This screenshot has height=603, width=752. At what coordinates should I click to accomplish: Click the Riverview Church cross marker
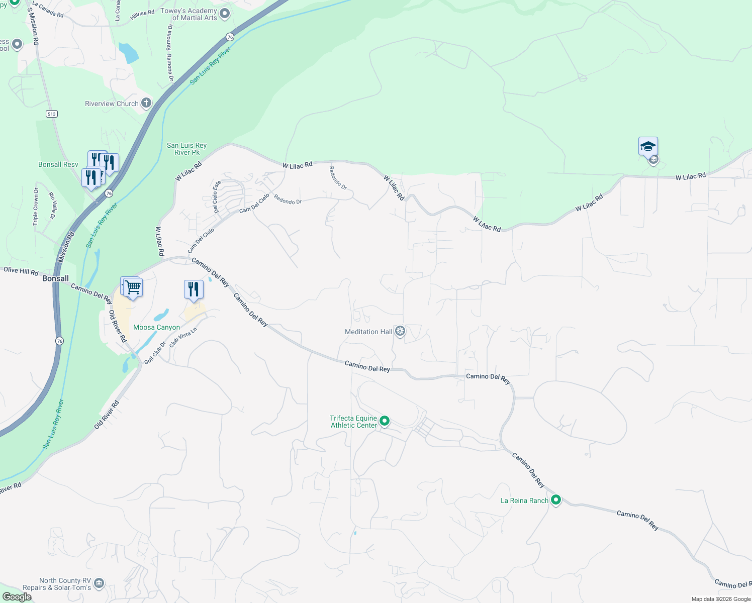pyautogui.click(x=146, y=104)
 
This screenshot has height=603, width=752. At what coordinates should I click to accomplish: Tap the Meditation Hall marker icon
pyautogui.click(x=400, y=331)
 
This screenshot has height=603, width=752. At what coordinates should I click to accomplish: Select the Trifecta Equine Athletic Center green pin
pyautogui.click(x=385, y=421)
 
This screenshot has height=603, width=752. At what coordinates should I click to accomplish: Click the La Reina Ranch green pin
pyautogui.click(x=556, y=500)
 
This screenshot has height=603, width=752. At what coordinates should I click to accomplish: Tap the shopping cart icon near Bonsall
pyautogui.click(x=133, y=288)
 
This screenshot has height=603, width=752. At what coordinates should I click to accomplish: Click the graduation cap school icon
pyautogui.click(x=648, y=147)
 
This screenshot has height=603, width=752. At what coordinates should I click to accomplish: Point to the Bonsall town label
pyautogui.click(x=55, y=278)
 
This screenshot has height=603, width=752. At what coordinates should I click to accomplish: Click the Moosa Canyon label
pyautogui.click(x=156, y=327)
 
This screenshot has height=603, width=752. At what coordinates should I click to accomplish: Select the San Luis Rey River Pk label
pyautogui.click(x=186, y=149)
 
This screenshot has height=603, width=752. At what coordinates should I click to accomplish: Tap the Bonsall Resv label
pyautogui.click(x=58, y=164)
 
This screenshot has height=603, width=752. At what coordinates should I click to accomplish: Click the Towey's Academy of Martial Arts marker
pyautogui.click(x=225, y=14)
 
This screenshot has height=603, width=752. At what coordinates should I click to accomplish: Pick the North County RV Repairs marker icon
pyautogui.click(x=99, y=583)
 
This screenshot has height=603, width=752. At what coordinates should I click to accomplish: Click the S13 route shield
pyautogui.click(x=52, y=114)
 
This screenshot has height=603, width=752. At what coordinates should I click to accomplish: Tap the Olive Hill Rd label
pyautogui.click(x=21, y=271)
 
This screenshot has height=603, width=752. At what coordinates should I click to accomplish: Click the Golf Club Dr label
pyautogui.click(x=155, y=353)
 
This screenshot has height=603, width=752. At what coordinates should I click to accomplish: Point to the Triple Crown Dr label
pyautogui.click(x=36, y=207)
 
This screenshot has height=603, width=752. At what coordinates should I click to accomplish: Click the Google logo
pyautogui.click(x=17, y=597)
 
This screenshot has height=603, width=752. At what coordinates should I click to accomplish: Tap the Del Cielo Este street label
pyautogui.click(x=216, y=196)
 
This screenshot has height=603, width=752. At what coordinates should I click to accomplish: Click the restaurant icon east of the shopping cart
pyautogui.click(x=194, y=289)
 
